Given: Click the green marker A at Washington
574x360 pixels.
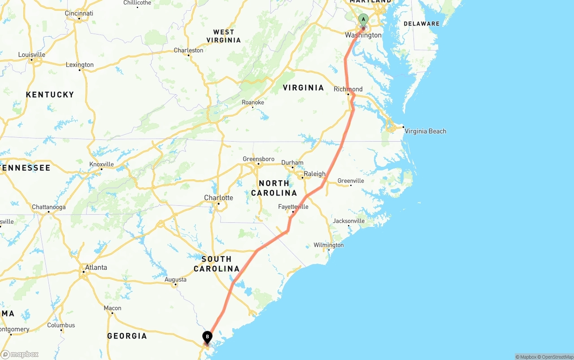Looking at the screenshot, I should [x=363, y=20].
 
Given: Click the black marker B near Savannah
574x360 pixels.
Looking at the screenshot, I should [x=207, y=337].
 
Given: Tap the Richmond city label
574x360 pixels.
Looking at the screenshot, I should [x=348, y=89].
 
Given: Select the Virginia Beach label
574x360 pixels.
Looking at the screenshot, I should [x=425, y=131].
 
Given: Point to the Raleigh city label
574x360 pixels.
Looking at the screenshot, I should [x=314, y=174].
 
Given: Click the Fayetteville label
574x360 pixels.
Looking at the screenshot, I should [x=293, y=207].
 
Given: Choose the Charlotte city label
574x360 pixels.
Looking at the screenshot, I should [x=218, y=198].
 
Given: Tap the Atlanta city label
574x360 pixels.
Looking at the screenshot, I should [x=96, y=268].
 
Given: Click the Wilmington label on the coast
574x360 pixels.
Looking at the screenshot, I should [x=328, y=245].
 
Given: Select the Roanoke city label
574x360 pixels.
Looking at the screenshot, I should [x=253, y=102].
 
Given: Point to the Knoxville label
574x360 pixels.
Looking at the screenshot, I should [x=102, y=164].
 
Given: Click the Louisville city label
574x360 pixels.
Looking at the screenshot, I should [x=31, y=55].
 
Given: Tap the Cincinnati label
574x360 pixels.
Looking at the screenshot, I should [x=79, y=13].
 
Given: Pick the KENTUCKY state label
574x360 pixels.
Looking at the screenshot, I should [x=50, y=95].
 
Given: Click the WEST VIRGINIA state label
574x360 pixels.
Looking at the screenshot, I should [x=224, y=36].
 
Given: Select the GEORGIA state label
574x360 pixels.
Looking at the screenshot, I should [x=127, y=336].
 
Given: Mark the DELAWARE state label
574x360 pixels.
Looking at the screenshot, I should [x=422, y=24].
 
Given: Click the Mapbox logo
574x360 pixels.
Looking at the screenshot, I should [x=20, y=355].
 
